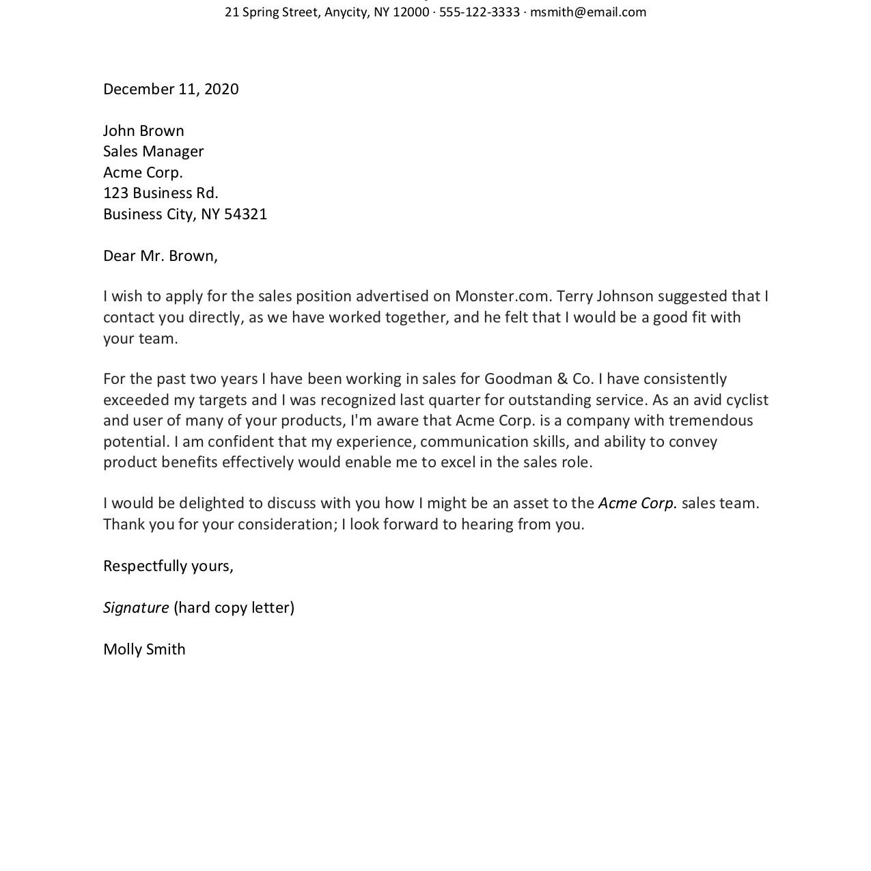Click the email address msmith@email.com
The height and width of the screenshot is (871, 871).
(x=587, y=12)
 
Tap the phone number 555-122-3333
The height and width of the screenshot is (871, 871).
(x=479, y=12)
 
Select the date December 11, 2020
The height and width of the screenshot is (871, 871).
(x=171, y=89)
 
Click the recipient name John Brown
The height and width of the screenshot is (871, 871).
(x=143, y=130)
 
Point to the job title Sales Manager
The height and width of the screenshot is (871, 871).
(x=153, y=151)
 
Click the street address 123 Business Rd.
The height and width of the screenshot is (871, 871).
(x=161, y=193)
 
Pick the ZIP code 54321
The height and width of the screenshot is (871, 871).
(x=245, y=214)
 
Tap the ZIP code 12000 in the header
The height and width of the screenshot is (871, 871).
(x=411, y=12)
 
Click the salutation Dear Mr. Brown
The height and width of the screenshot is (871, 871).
(x=160, y=255)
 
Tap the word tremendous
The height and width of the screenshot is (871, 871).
(x=710, y=420)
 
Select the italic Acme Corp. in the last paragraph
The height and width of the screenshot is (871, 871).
(x=637, y=503)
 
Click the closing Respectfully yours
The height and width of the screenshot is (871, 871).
(x=168, y=566)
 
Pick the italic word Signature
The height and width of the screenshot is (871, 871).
(x=136, y=607)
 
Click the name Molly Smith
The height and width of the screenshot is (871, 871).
(x=144, y=649)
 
